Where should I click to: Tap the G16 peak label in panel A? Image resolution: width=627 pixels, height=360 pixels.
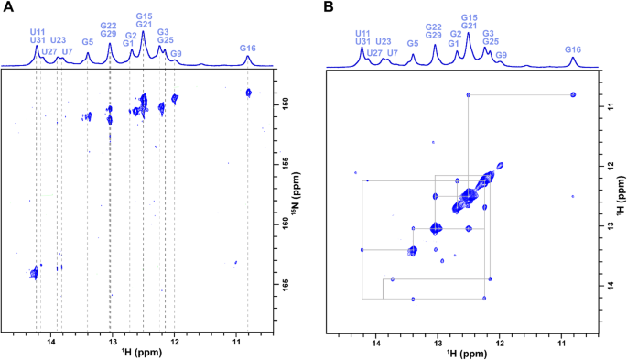(248, 48)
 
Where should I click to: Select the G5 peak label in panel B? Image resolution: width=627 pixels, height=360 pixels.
(413, 43)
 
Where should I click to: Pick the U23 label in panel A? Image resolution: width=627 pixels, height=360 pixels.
(58, 40)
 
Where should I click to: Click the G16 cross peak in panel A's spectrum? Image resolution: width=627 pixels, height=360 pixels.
(248, 92)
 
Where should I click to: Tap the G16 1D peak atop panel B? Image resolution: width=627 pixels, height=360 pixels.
(573, 61)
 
